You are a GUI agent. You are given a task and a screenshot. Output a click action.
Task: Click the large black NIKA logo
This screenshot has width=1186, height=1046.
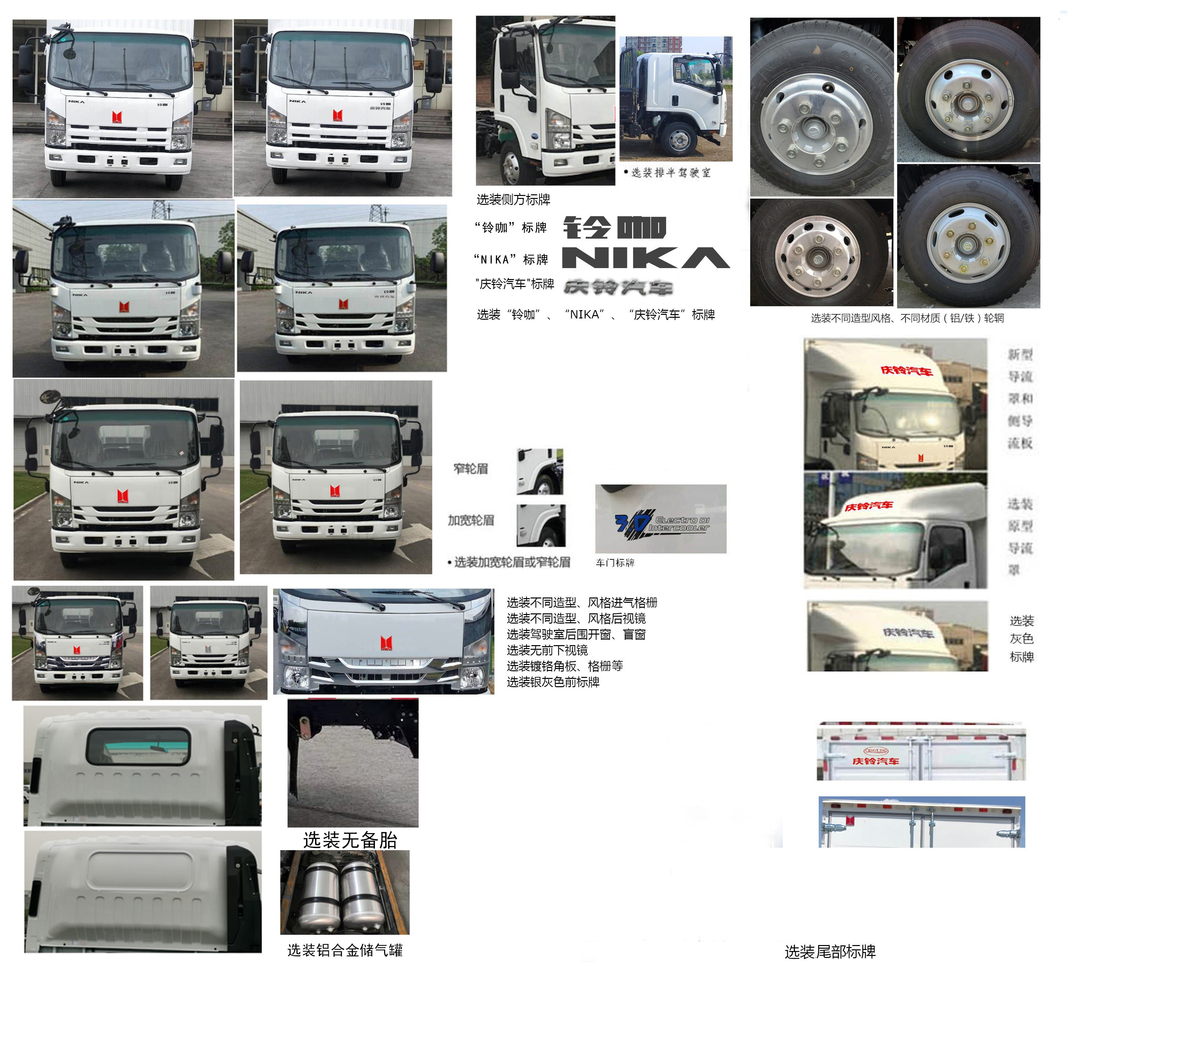pos(645,258)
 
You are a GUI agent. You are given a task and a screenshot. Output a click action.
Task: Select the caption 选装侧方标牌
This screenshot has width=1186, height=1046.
pos(513,200)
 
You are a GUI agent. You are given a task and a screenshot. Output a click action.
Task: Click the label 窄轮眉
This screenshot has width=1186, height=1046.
pos(471,468)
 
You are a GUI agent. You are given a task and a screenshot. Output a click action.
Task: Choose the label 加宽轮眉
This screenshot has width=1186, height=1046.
pos(471,520)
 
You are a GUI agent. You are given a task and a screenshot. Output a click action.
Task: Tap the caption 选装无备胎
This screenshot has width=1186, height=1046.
pos(350,840)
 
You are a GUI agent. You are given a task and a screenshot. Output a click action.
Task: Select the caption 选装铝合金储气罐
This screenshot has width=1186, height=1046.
pos(345,950)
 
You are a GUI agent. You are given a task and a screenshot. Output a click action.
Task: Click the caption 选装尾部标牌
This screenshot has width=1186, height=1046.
pos(830,952)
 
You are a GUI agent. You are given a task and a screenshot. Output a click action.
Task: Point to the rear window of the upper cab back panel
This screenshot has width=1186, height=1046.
pos(138,746)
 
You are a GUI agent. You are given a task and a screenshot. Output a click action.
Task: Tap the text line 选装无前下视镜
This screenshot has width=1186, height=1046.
pos(547,650)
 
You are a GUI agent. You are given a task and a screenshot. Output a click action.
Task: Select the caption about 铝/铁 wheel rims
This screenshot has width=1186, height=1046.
pos(907,318)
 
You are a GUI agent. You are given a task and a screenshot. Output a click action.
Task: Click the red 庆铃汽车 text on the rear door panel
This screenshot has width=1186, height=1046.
pos(875,761)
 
